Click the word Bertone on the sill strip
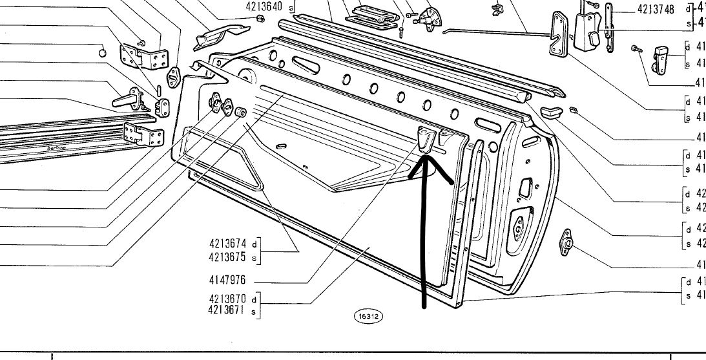tap(57, 147)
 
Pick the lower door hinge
tap(145, 134)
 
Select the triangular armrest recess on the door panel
tap(223, 161)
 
